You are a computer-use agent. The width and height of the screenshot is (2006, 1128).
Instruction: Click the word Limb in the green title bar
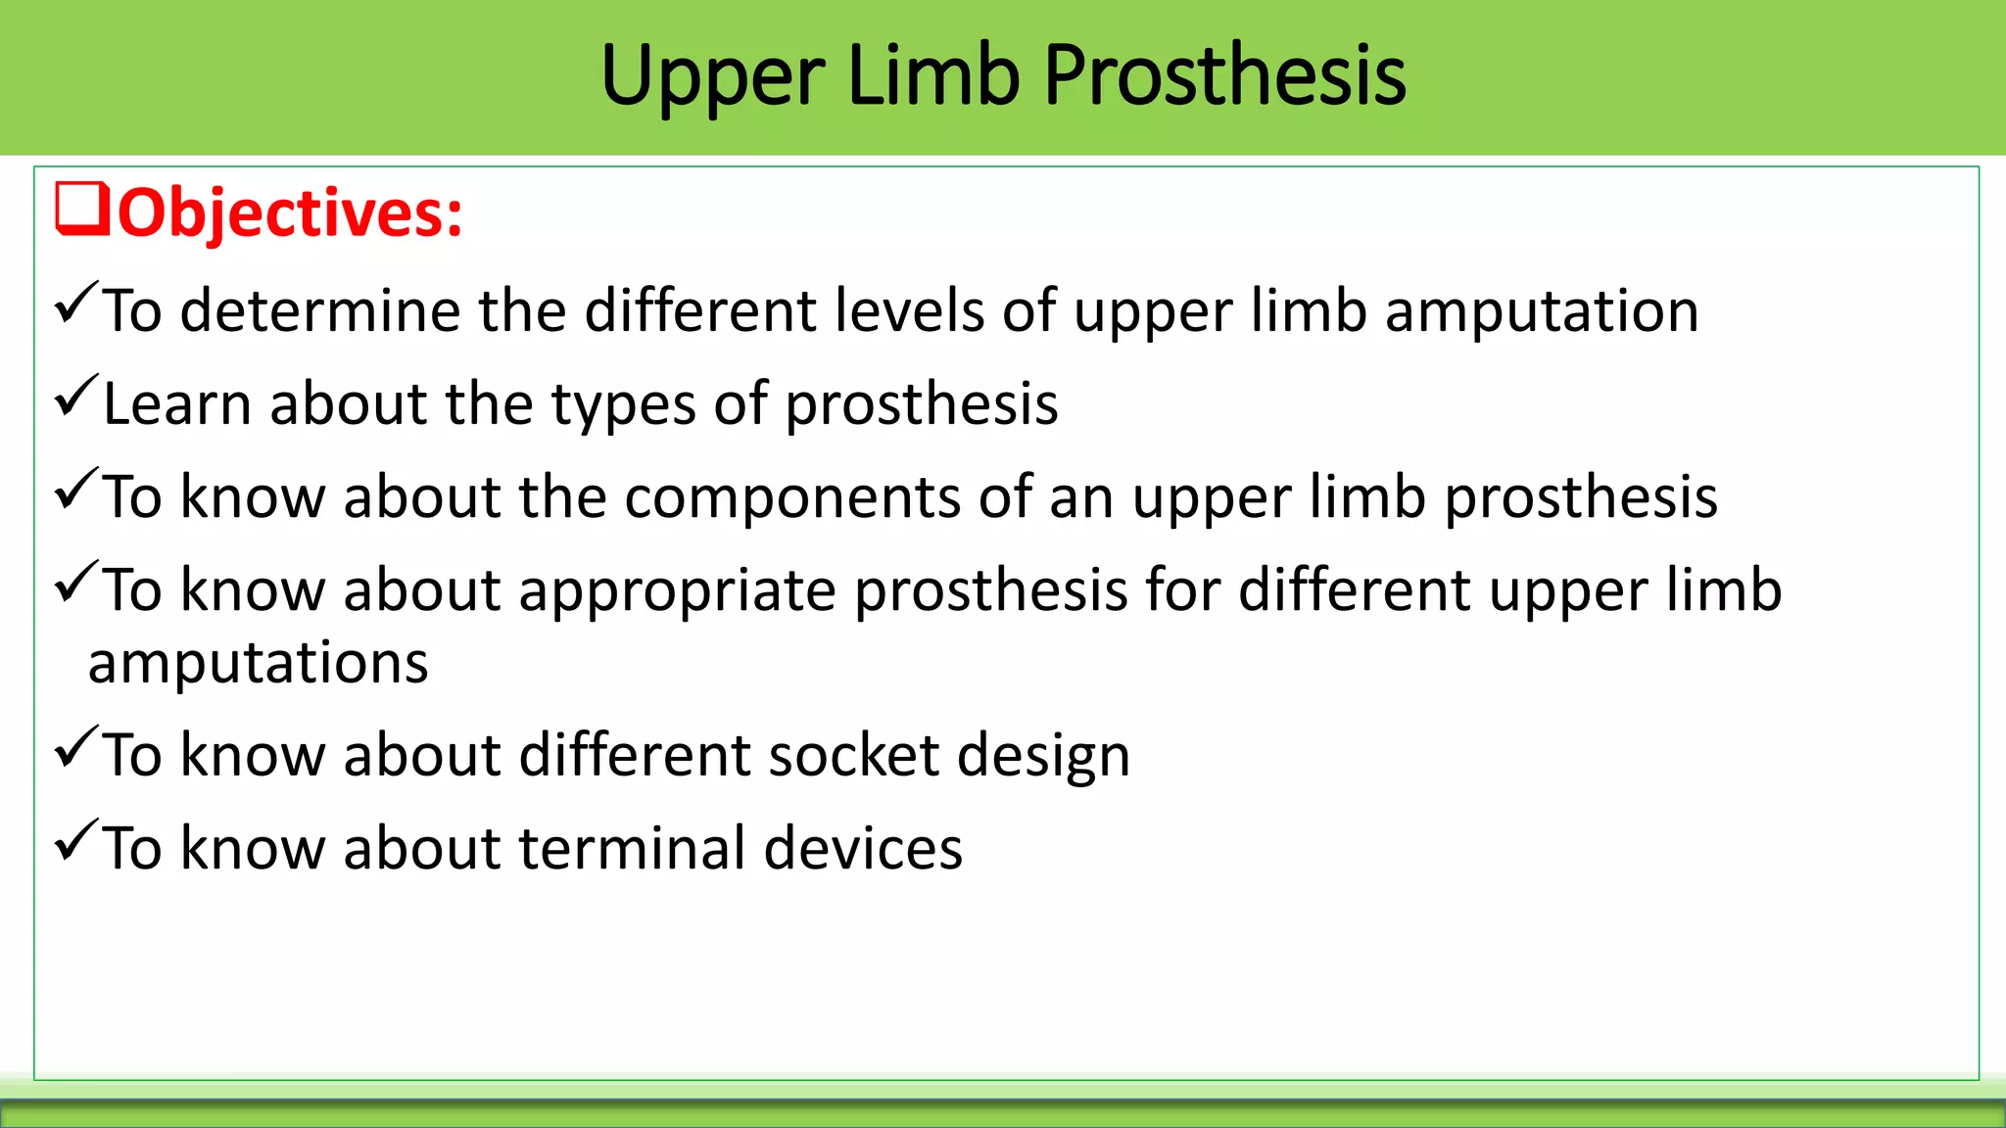coord(932,76)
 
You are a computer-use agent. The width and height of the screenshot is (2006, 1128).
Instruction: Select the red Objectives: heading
coord(290,212)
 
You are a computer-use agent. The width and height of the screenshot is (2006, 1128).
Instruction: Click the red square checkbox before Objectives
coord(82,209)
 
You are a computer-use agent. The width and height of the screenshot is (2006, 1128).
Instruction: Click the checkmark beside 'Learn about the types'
coord(76,396)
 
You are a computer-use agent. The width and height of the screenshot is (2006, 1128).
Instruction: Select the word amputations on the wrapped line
coord(258,664)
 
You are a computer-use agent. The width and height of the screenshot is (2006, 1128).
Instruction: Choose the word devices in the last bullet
coord(862,848)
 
